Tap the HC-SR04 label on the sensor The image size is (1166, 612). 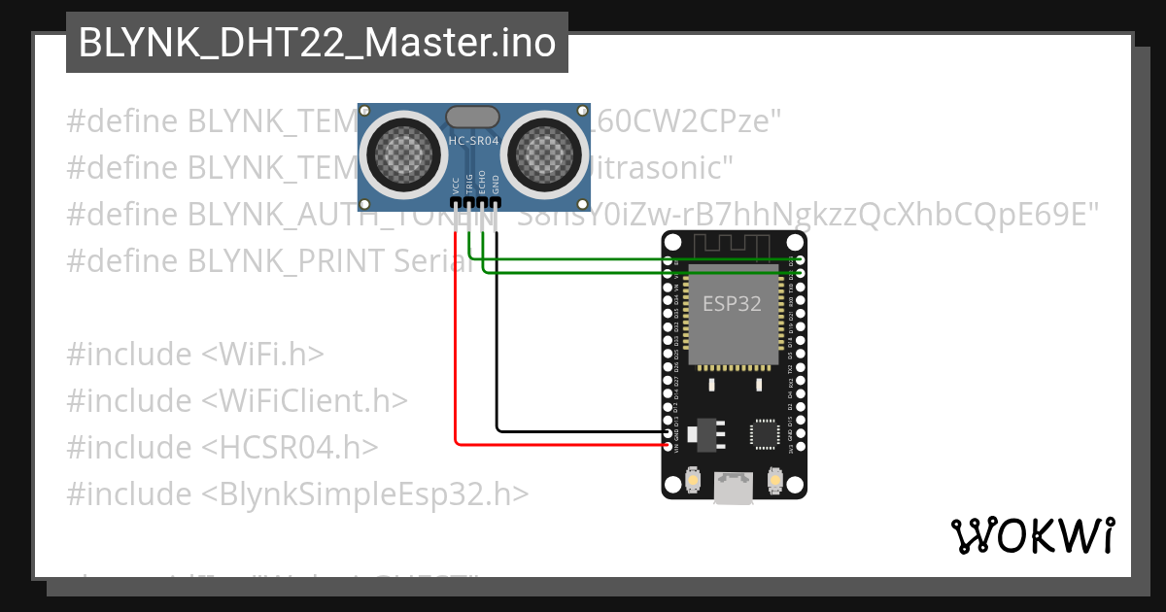tap(474, 142)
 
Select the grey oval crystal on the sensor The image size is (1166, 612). tap(474, 117)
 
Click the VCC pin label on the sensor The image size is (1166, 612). tap(456, 185)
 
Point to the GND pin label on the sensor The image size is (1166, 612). tap(496, 185)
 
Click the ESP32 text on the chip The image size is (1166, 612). tap(732, 303)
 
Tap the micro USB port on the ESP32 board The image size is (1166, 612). tap(734, 488)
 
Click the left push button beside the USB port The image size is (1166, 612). tap(694, 480)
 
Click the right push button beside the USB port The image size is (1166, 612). tap(774, 480)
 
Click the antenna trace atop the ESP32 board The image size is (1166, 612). tap(734, 247)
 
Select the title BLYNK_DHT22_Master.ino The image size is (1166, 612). tap(317, 43)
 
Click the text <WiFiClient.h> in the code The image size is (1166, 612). tap(304, 400)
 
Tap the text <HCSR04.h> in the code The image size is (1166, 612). tap(290, 447)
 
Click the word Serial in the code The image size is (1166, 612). tap(433, 260)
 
